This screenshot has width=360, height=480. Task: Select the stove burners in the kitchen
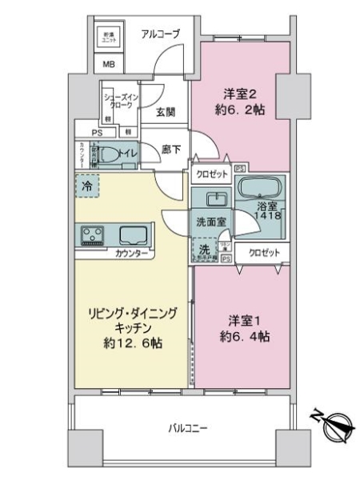[x=92, y=234]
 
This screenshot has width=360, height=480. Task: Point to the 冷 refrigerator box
[x=88, y=186]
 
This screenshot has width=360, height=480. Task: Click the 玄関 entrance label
[x=166, y=111]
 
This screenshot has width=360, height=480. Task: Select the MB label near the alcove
[x=107, y=66]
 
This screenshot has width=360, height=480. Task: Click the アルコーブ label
[x=160, y=33]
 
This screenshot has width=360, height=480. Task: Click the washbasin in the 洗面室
[x=213, y=200]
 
